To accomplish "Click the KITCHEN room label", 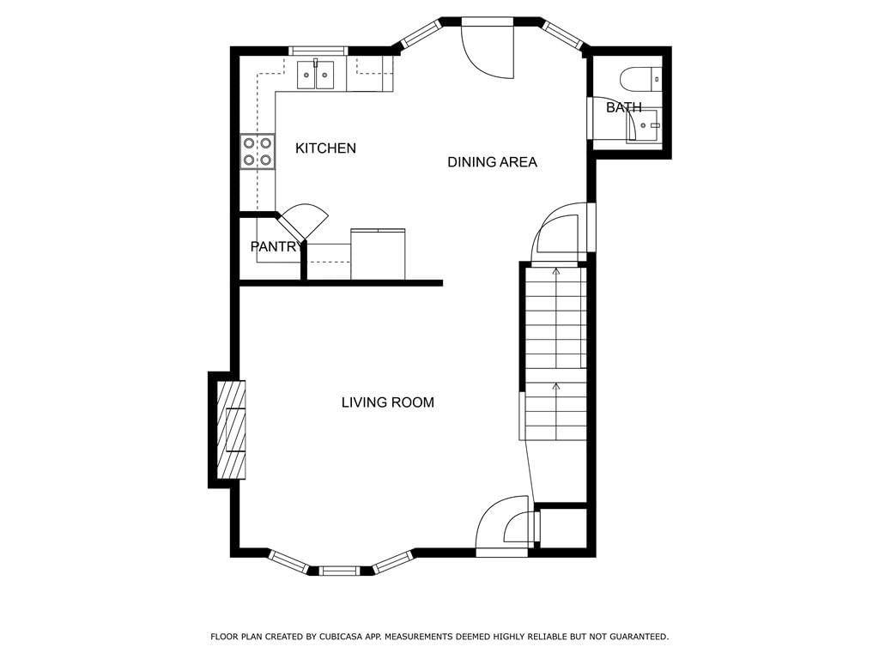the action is click(325, 148).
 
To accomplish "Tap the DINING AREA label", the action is click(492, 162).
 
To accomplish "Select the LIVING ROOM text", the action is click(388, 402).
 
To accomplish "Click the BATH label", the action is click(624, 107).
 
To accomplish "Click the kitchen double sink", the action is click(315, 76).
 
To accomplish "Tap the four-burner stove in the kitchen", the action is click(258, 151).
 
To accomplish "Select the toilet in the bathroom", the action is click(641, 78).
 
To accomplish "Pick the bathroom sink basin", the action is click(645, 125).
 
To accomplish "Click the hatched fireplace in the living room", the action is click(231, 430).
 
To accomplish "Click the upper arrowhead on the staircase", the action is click(556, 271).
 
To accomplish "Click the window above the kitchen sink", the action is click(318, 51).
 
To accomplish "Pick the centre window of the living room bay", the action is click(339, 571).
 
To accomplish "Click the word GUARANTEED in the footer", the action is click(639, 637).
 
